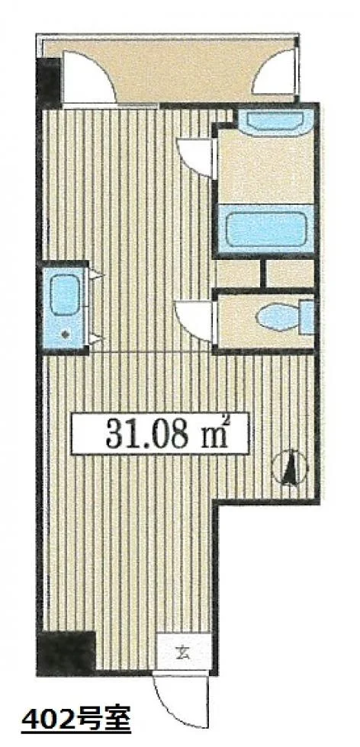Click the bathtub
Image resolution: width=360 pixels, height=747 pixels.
(265, 229)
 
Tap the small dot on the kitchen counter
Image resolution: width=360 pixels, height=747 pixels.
(66, 335)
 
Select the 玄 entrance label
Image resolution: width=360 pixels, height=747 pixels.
(184, 652)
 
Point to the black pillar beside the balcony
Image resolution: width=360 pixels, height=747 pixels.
(49, 82)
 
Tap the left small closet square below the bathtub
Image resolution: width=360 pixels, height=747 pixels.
(239, 274)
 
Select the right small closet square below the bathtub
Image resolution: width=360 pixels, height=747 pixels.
(290, 274)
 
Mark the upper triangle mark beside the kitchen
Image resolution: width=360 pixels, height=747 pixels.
(96, 274)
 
